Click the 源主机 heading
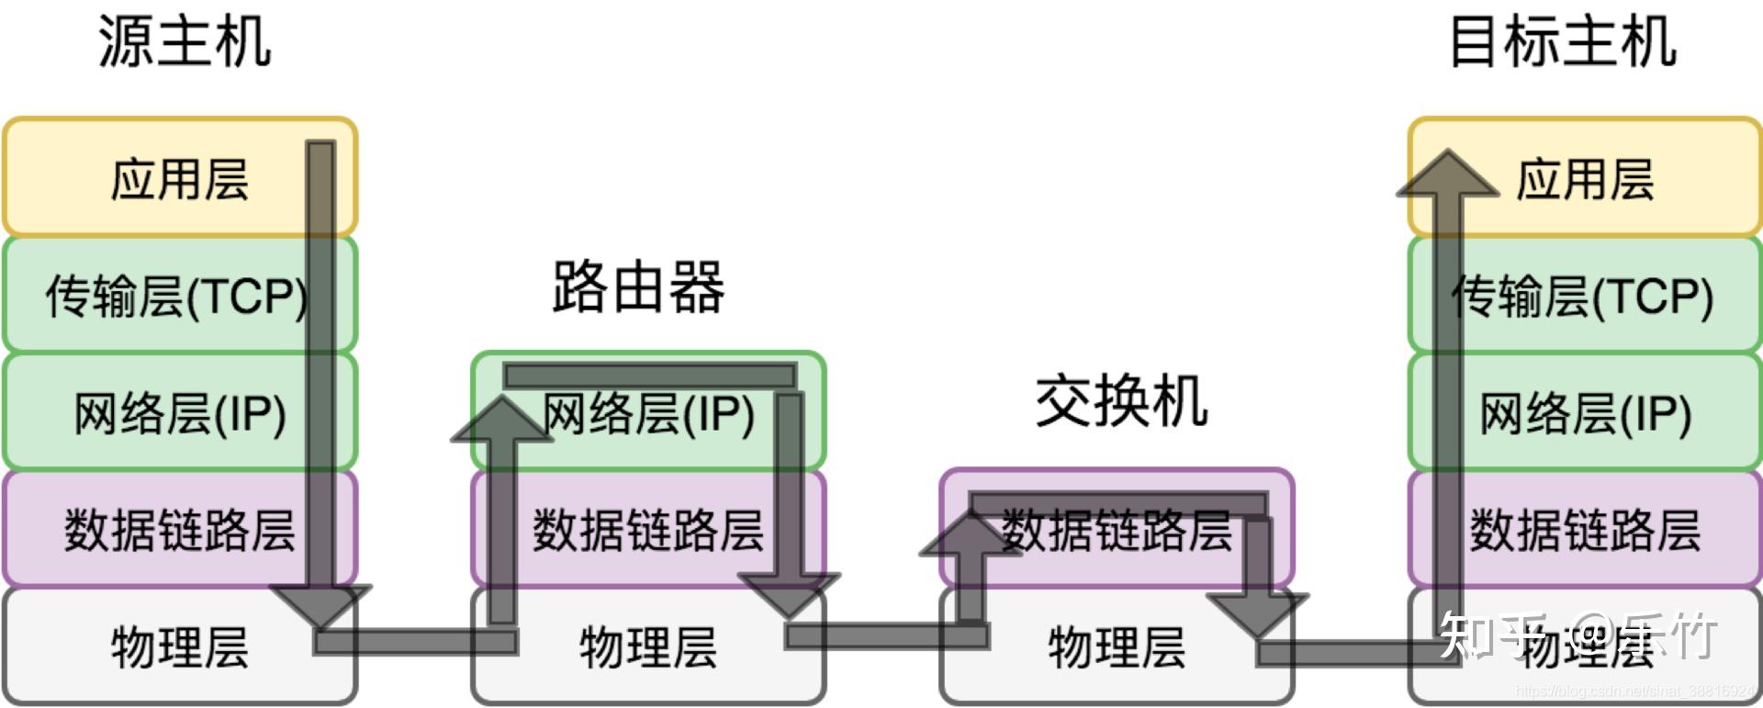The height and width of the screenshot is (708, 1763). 185,42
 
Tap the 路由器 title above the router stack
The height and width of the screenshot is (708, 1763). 639,287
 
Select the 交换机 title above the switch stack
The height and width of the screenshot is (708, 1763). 1121,401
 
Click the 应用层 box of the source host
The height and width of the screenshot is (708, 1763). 180,178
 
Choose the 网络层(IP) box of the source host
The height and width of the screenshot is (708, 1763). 180,412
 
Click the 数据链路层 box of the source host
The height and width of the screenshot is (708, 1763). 180,530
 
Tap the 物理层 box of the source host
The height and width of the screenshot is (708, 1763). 180,646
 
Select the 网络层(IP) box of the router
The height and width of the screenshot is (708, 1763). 648,412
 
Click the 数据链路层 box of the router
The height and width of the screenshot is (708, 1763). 648,530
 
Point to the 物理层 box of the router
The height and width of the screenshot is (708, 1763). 648,646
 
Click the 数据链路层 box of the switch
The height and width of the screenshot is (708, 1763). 1117,530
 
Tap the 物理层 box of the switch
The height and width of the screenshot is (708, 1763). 1117,646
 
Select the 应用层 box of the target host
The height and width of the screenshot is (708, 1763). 1585,178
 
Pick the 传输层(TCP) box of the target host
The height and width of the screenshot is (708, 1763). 1583,296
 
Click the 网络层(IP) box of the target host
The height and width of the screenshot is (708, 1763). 1585,412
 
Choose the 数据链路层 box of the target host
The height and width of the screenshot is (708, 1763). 1585,530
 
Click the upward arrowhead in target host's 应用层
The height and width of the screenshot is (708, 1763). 1447,174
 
